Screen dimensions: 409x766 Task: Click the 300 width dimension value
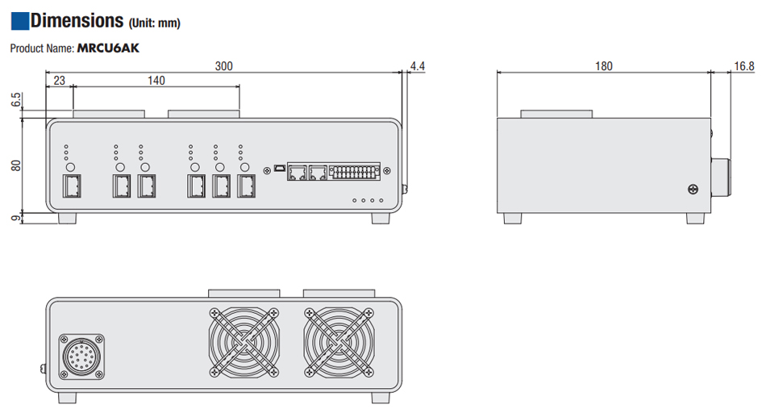[x=223, y=66]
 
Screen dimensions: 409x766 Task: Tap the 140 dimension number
[x=156, y=80]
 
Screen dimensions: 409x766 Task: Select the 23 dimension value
[x=59, y=80]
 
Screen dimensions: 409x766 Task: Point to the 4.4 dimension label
[x=417, y=65]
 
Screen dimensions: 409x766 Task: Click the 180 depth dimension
[x=603, y=66]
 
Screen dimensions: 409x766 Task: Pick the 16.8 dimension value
[x=743, y=66]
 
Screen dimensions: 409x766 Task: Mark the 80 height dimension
[x=15, y=165]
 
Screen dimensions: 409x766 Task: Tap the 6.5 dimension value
[x=15, y=103]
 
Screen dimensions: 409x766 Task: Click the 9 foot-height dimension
[x=15, y=218]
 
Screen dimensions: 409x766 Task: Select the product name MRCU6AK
[x=108, y=48]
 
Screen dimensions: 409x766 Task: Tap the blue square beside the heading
[x=19, y=20]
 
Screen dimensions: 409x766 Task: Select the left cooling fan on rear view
[x=244, y=342]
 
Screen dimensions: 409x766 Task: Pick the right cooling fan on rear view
[x=339, y=342]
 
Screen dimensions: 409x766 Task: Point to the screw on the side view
[x=692, y=189]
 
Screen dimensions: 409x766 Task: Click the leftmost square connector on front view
[x=71, y=186]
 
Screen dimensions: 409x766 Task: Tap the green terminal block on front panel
[x=355, y=172]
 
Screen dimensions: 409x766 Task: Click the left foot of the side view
[x=510, y=218]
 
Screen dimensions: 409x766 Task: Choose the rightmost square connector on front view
[x=246, y=186]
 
